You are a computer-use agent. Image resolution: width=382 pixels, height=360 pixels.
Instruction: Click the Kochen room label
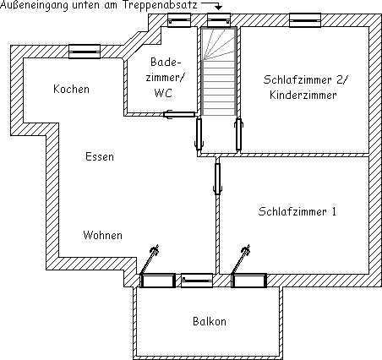pyautogui.click(x=71, y=89)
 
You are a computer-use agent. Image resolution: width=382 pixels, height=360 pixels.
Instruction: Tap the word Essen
pyautogui.click(x=100, y=156)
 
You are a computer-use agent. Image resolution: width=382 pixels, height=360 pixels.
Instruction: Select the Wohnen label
pyautogui.click(x=103, y=235)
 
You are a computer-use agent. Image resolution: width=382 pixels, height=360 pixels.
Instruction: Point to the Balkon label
pyautogui.click(x=210, y=321)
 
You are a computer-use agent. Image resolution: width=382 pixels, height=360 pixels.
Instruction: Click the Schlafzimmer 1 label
pyautogui.click(x=297, y=211)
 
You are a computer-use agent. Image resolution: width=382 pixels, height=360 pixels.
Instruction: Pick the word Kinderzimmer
pyautogui.click(x=303, y=95)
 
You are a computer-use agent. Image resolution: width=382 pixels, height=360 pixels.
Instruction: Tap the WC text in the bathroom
pyautogui.click(x=163, y=93)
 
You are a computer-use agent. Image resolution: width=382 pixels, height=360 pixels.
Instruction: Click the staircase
pyautogui.click(x=219, y=72)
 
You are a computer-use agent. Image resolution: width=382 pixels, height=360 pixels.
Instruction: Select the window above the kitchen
pyautogui.click(x=85, y=52)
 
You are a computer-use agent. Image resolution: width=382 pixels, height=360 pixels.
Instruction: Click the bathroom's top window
pyautogui.click(x=179, y=20)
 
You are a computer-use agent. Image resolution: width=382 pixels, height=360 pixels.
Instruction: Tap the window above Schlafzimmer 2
pyautogui.click(x=305, y=20)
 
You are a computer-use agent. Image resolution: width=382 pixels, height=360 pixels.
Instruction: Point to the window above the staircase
pyautogui.click(x=219, y=20)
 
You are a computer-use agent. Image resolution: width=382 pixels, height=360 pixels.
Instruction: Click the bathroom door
pyautogui.click(x=179, y=114)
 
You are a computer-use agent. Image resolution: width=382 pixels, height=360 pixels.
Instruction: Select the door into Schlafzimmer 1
pyautogui.click(x=217, y=178)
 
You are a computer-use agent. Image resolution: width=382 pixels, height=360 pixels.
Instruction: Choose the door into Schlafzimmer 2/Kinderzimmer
pyautogui.click(x=239, y=134)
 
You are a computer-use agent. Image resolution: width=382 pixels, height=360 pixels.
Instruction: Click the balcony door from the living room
pyautogui.click(x=158, y=281)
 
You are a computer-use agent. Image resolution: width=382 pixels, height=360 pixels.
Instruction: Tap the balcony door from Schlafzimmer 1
pyautogui.click(x=248, y=281)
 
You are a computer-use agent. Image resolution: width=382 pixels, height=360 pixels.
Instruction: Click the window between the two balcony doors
pyautogui.click(x=197, y=281)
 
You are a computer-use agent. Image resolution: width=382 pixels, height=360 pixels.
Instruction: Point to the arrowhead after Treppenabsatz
pyautogui.click(x=218, y=8)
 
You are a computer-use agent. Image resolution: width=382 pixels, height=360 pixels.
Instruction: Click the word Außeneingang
pyautogui.click(x=34, y=5)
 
